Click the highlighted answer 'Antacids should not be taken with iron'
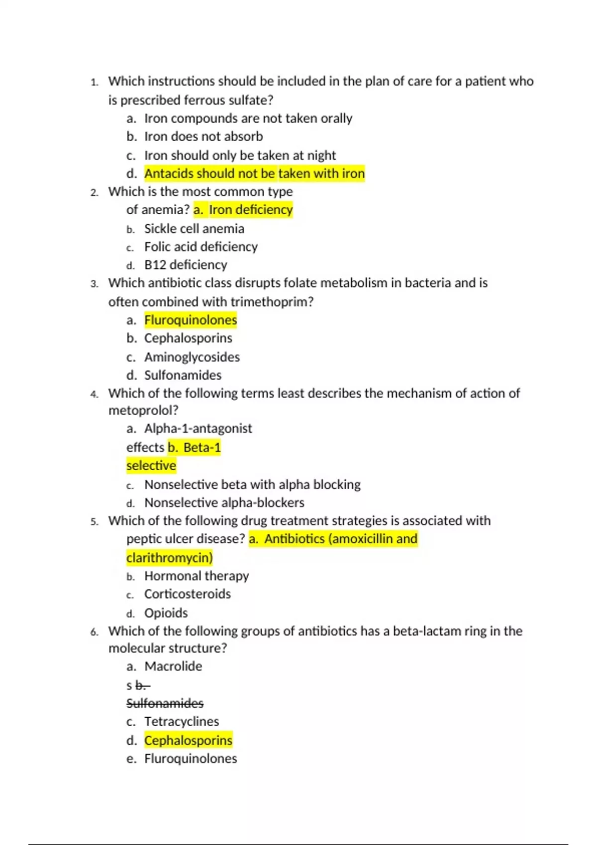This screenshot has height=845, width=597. [254, 173]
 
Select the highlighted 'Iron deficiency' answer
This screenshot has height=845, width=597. [250, 210]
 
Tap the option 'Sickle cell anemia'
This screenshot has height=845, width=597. [194, 229]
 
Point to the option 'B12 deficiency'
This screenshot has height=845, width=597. [186, 265]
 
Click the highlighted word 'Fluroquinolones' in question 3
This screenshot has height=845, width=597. [191, 320]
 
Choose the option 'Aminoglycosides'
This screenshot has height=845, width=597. [192, 357]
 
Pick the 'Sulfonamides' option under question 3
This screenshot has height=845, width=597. [183, 375]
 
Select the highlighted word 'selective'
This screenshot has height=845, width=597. [151, 466]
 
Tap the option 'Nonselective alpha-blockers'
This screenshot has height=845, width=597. [224, 503]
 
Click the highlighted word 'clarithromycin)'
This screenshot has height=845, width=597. [169, 558]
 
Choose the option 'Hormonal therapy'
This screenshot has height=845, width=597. [196, 576]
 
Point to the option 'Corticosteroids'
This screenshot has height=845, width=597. [187, 594]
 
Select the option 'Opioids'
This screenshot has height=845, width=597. [166, 613]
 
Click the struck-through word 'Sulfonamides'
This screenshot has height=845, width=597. [165, 703]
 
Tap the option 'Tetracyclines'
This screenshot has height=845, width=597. [181, 721]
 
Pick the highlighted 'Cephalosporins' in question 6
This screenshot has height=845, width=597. [188, 740]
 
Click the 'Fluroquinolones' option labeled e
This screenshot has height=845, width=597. [191, 759]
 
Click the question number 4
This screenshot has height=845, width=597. [95, 394]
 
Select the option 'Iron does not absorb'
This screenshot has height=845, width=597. [203, 137]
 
